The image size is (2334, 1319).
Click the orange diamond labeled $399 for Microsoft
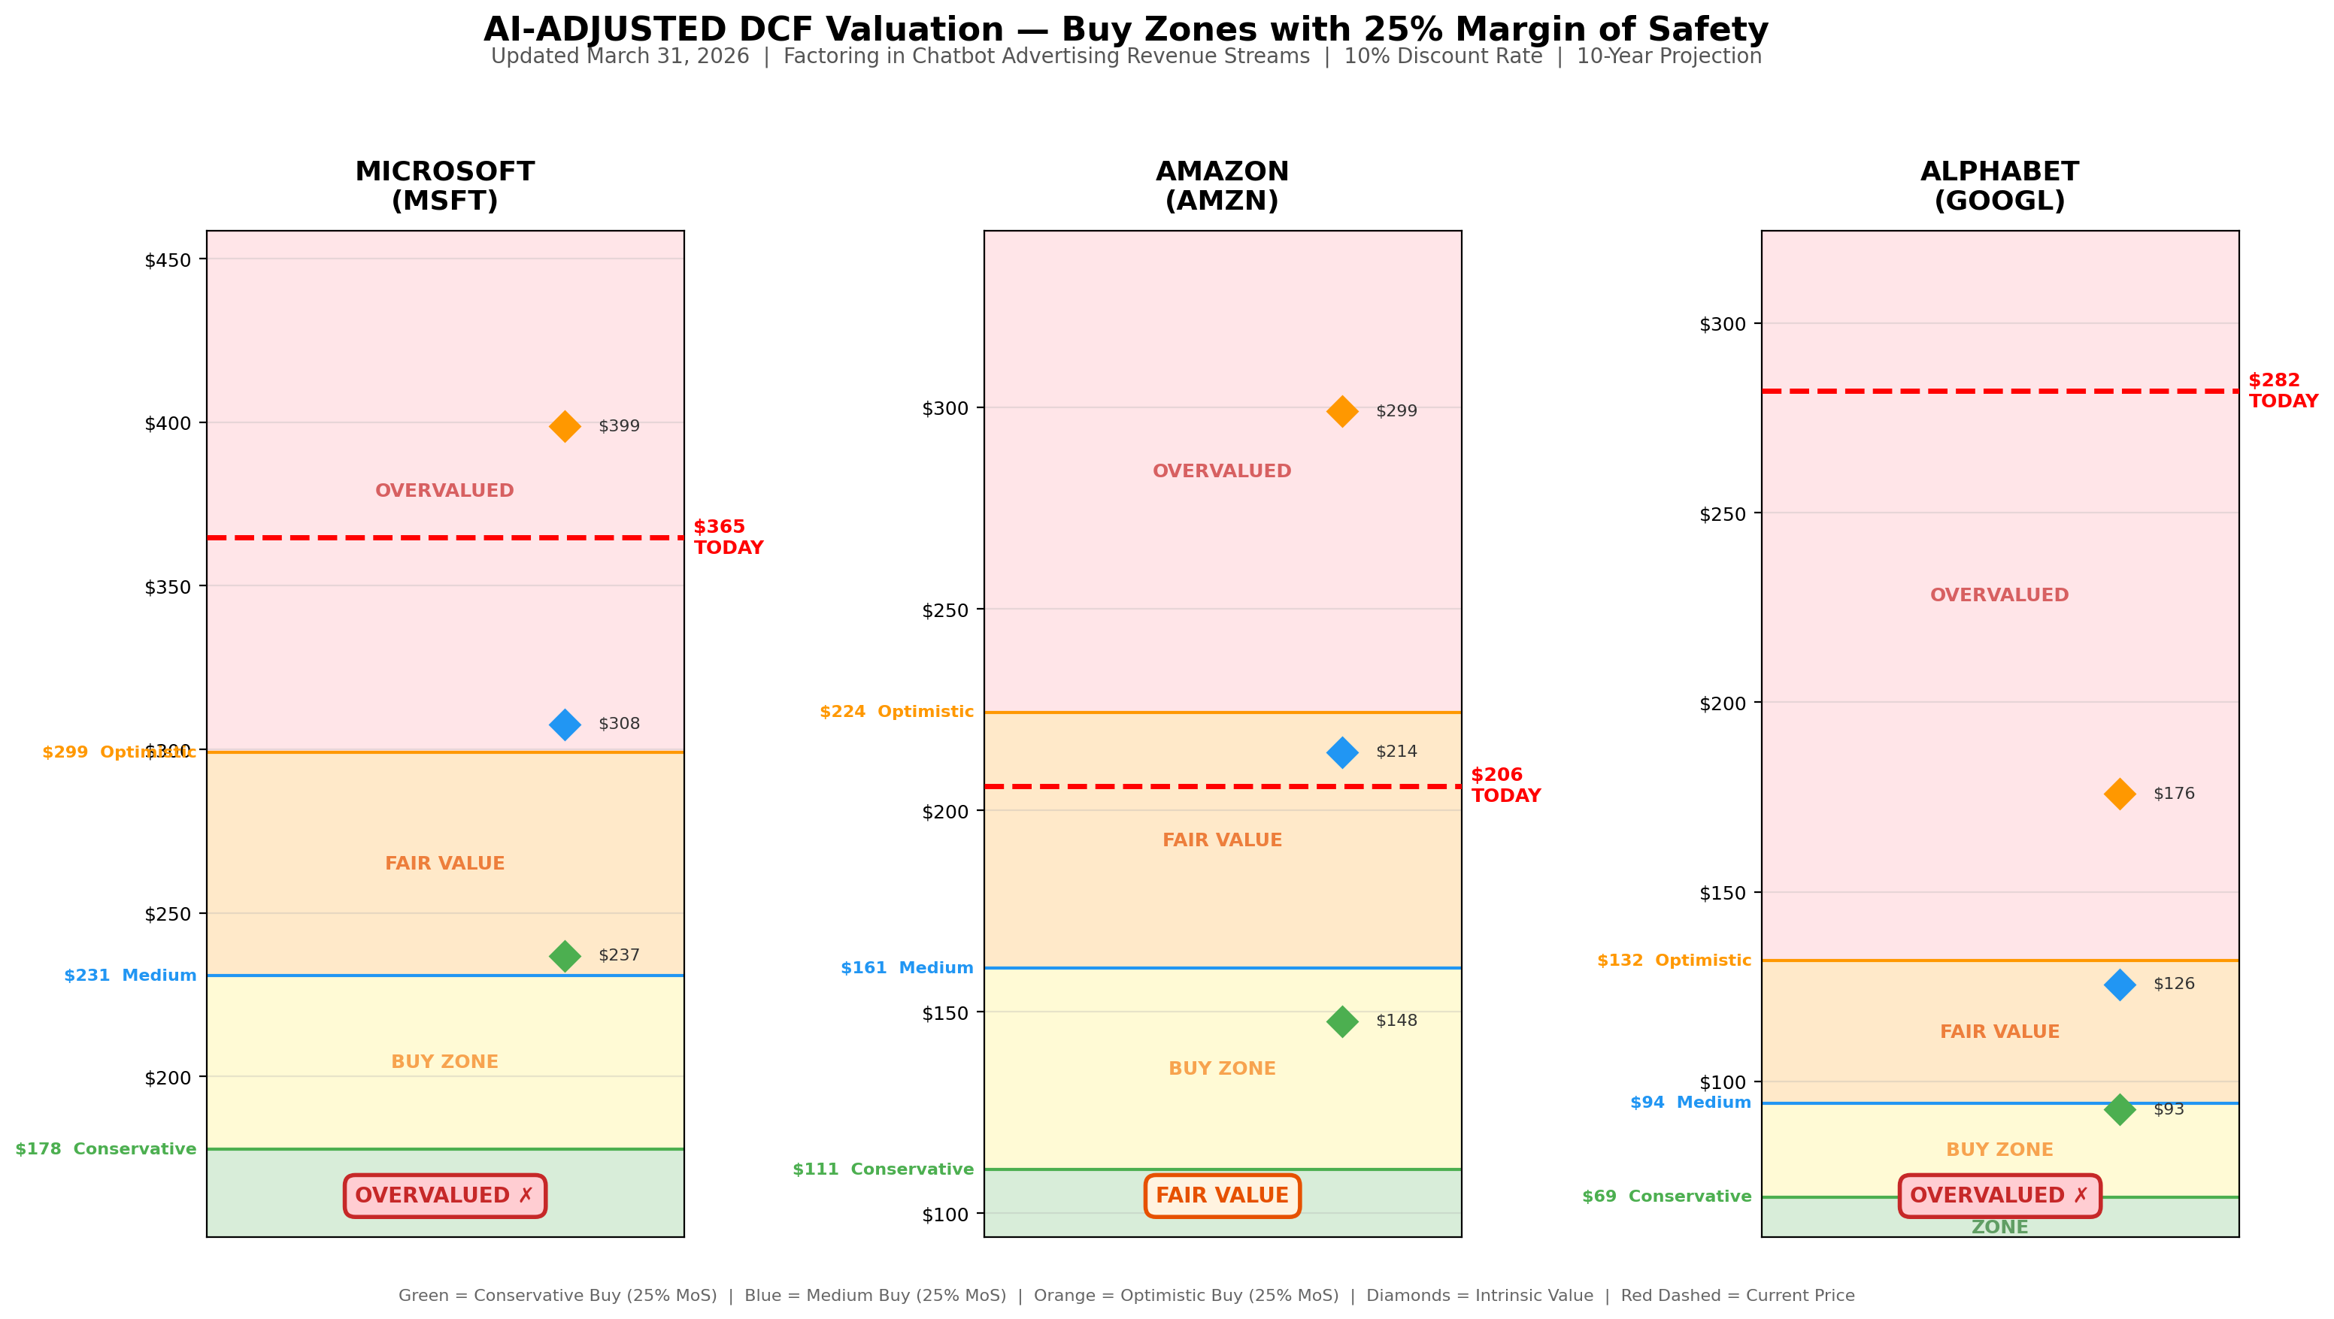click(x=565, y=426)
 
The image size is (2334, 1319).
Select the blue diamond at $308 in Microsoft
click(x=565, y=724)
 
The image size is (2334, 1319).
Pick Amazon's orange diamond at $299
click(x=1342, y=411)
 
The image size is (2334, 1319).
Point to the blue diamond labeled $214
click(x=1342, y=752)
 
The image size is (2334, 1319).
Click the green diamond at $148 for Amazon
click(x=1342, y=1021)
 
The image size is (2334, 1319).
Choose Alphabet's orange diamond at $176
click(x=2119, y=794)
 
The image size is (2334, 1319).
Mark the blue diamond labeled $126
click(x=2119, y=984)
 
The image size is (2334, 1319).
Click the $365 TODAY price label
click(x=728, y=537)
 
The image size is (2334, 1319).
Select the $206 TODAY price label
click(x=1505, y=785)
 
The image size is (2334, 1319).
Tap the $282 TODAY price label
click(x=2282, y=391)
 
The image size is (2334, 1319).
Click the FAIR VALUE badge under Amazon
click(x=1221, y=1196)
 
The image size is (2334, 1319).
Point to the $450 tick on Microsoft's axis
click(x=168, y=261)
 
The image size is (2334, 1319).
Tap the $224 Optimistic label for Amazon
click(x=896, y=712)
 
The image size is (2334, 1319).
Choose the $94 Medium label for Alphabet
click(x=1690, y=1103)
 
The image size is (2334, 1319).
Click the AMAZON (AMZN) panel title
click(x=1221, y=186)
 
